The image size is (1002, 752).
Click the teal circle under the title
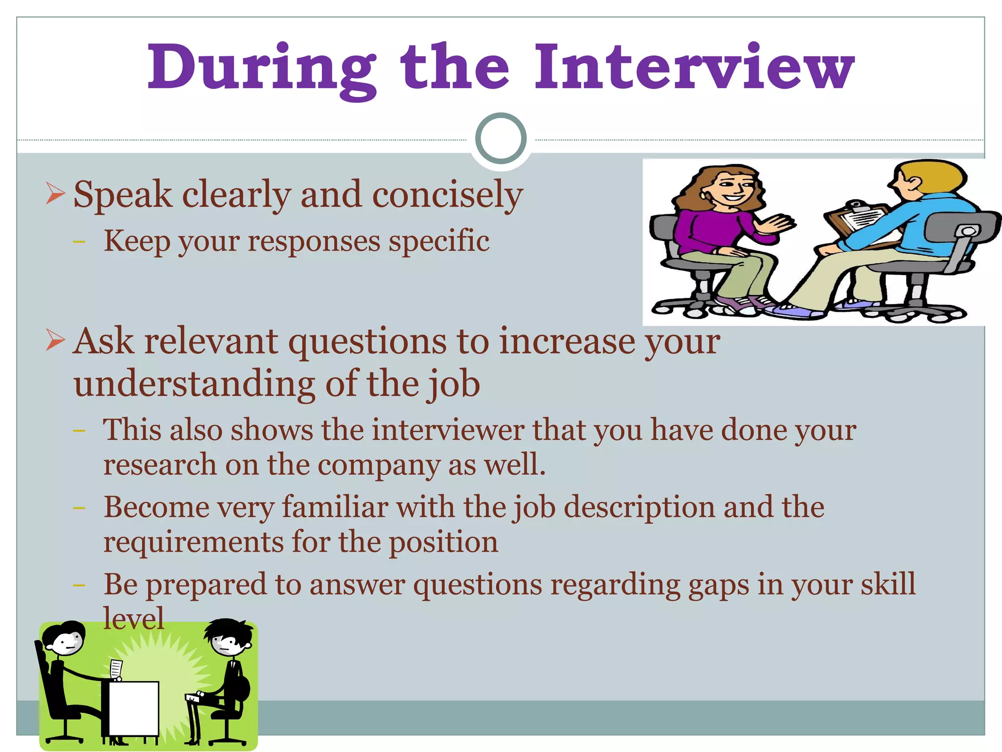point(501,138)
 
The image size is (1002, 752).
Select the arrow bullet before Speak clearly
point(55,193)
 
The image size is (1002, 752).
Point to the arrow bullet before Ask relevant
point(55,340)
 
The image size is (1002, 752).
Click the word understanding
point(194,384)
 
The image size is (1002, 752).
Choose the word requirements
point(193,542)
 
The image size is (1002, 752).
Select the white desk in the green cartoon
point(133,707)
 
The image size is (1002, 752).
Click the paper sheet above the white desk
point(116,669)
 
